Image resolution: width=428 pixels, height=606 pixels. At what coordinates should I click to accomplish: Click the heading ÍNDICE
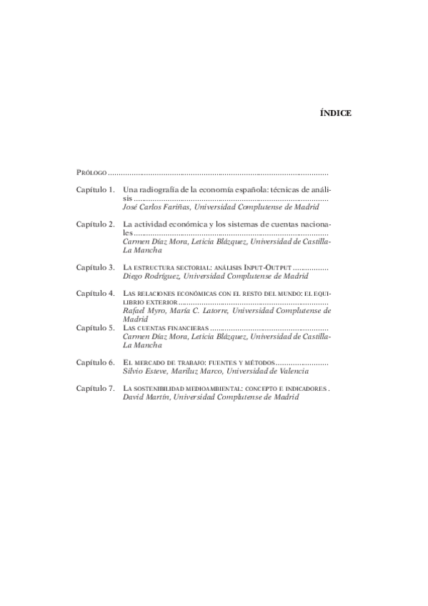tap(334, 113)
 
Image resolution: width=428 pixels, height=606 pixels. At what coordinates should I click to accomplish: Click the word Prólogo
tap(91, 173)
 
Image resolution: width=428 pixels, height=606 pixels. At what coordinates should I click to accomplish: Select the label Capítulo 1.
tap(96, 190)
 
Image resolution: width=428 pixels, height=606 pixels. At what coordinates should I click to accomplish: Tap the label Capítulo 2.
tap(96, 224)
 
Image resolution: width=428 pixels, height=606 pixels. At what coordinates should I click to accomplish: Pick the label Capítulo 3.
tap(96, 267)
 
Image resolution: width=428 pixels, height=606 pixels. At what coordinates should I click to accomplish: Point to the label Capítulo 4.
tap(96, 293)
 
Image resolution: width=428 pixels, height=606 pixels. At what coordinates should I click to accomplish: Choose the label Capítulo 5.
tap(96, 327)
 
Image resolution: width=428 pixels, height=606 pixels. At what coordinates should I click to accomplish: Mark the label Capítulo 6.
tap(96, 362)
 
